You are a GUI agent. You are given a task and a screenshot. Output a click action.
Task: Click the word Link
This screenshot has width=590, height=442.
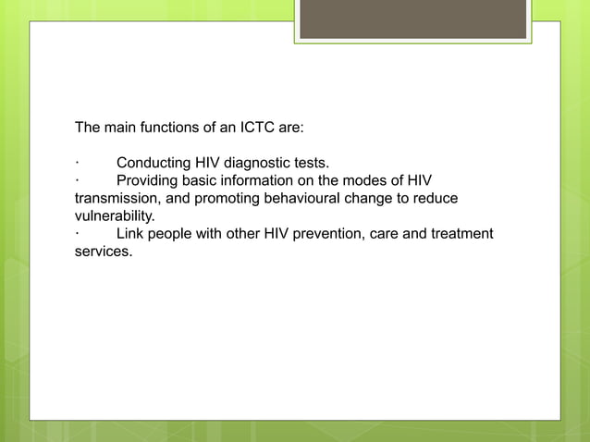pos(130,233)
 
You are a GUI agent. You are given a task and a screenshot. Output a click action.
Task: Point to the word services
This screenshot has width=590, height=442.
pos(103,251)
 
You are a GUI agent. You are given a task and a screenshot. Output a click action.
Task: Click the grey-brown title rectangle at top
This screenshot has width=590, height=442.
pos(413,19)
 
